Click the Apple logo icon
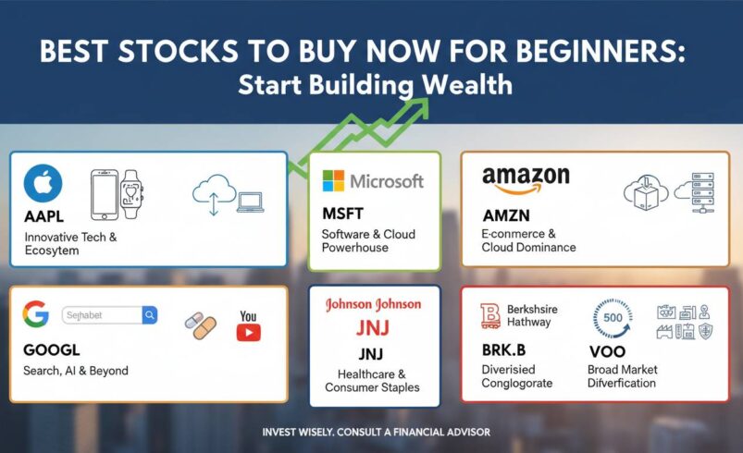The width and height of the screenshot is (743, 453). pyautogui.click(x=43, y=183)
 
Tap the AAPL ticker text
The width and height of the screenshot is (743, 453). pyautogui.click(x=44, y=217)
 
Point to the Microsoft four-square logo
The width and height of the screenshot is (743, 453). pyautogui.click(x=332, y=180)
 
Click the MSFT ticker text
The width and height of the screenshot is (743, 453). pyautogui.click(x=344, y=214)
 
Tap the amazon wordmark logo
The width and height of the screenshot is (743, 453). pyautogui.click(x=526, y=178)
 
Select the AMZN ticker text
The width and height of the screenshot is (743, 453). pyautogui.click(x=507, y=214)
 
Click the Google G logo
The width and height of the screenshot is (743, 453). pyautogui.click(x=36, y=315)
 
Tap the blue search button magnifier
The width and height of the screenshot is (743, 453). pyautogui.click(x=150, y=315)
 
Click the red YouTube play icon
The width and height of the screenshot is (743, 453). pyautogui.click(x=248, y=331)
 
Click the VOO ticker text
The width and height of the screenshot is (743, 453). pyautogui.click(x=607, y=352)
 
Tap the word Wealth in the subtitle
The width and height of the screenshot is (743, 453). pyautogui.click(x=467, y=84)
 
